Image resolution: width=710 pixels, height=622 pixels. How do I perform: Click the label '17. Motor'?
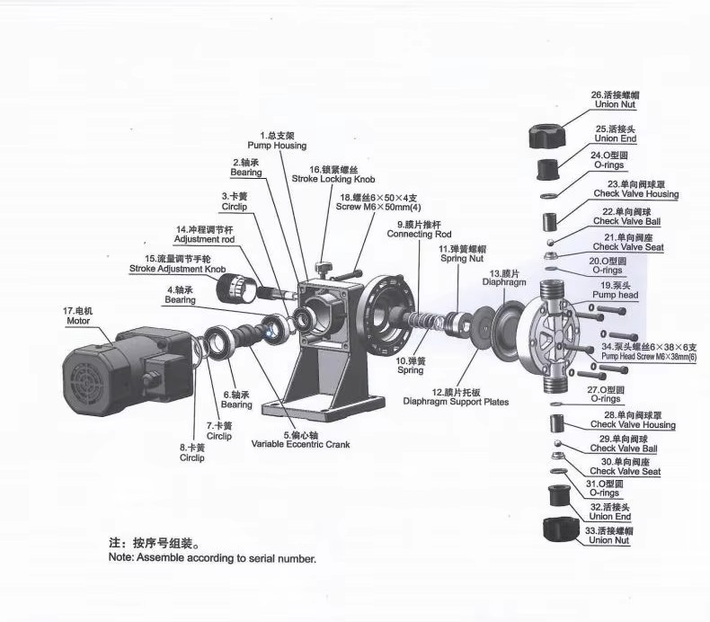[78, 315]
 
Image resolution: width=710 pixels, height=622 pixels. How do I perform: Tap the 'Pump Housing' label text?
[277, 146]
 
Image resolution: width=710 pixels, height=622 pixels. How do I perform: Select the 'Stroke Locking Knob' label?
[333, 179]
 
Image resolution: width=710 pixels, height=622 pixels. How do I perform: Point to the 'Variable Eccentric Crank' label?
[301, 444]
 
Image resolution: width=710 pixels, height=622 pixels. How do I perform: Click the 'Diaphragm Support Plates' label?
[456, 402]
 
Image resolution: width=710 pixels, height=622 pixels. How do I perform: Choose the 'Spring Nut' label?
[462, 259]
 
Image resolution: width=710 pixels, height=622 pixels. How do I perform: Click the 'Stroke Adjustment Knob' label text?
[178, 269]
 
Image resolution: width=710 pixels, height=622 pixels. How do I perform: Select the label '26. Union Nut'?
[615, 100]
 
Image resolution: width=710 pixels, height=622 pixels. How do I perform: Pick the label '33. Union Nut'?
[609, 536]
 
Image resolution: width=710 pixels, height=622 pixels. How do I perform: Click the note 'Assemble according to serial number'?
[212, 558]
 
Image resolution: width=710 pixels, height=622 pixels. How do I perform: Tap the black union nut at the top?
[547, 136]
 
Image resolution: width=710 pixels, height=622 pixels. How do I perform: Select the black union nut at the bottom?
[561, 529]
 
